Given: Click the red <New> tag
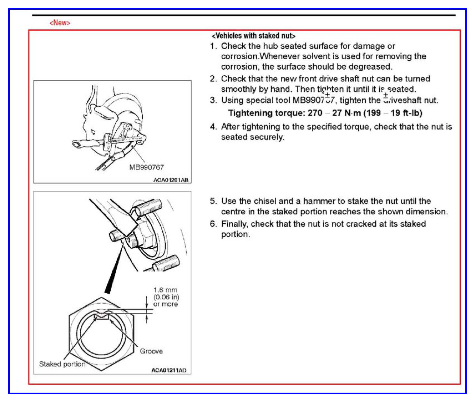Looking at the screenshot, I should (60, 23).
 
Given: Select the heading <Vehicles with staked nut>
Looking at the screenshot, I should (253, 36).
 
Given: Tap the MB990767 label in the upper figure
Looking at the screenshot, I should (146, 167).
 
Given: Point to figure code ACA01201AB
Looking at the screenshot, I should (171, 180).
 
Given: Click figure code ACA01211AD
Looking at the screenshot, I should (169, 370).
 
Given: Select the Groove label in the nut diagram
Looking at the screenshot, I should (151, 351).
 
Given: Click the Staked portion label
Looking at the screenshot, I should (62, 364).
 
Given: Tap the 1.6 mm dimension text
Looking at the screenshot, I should (165, 290).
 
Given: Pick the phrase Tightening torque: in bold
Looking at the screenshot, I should (266, 113).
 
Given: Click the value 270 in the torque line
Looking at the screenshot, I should (315, 113).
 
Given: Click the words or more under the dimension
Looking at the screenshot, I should (165, 304).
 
